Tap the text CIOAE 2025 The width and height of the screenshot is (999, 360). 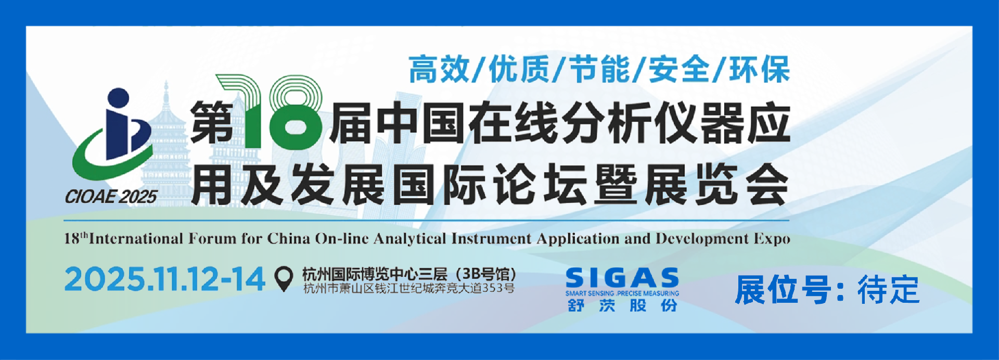110,197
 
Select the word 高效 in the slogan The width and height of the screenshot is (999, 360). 439,70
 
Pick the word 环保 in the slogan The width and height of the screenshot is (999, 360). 760,70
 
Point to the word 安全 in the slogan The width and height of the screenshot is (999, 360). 679,70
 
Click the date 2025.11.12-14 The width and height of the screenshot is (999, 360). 165,279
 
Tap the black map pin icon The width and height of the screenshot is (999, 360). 284,279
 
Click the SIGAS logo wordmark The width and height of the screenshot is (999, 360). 622,278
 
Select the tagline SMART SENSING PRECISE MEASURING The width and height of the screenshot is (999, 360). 622,293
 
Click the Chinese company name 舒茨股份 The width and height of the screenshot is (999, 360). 622,305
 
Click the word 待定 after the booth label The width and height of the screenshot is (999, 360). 888,290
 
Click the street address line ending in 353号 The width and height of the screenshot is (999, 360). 409,288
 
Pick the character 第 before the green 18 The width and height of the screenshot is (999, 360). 211,123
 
